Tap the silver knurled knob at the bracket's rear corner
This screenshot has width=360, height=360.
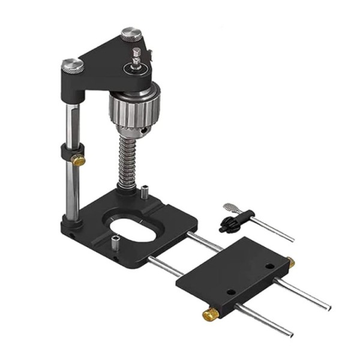130,34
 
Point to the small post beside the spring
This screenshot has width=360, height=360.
145,195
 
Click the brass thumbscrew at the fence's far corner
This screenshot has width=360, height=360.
291,262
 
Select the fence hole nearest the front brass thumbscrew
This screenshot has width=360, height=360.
229,291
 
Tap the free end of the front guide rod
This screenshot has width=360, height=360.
290,333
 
